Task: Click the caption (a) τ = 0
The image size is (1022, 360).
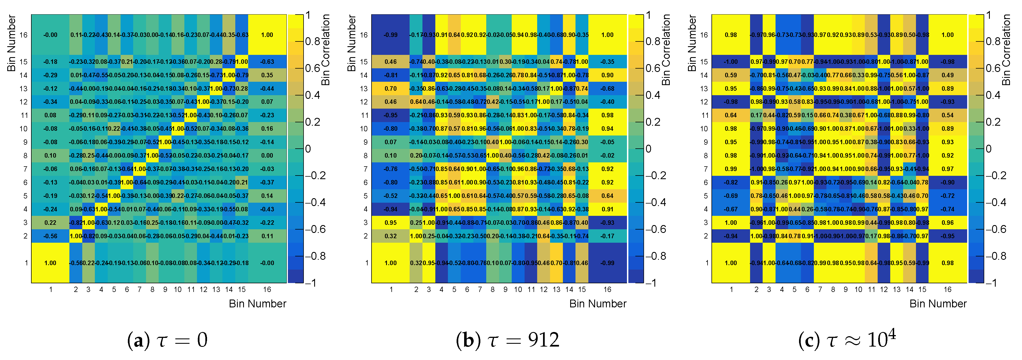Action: [167, 340]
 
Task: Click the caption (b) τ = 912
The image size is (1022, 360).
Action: [508, 340]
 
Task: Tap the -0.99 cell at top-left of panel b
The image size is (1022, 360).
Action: [390, 35]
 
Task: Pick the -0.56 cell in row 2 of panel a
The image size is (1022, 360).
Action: [50, 236]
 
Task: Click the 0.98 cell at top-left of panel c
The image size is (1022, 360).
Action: [731, 35]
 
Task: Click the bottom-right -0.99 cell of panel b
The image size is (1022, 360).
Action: [607, 263]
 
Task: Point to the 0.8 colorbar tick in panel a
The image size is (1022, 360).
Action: [313, 41]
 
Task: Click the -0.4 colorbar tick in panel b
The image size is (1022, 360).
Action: [653, 202]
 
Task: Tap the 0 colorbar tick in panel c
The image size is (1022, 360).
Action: [989, 149]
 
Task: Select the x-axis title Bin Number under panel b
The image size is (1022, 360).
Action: [598, 304]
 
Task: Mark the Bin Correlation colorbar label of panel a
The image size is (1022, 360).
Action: [325, 50]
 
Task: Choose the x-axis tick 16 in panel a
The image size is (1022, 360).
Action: [267, 289]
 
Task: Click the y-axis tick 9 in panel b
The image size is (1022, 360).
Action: [365, 142]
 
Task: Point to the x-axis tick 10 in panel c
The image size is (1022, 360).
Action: [859, 289]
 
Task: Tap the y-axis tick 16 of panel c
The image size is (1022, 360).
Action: [704, 35]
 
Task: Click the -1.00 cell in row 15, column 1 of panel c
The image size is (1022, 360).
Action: [731, 62]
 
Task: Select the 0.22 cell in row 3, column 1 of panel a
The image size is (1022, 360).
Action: [50, 223]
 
